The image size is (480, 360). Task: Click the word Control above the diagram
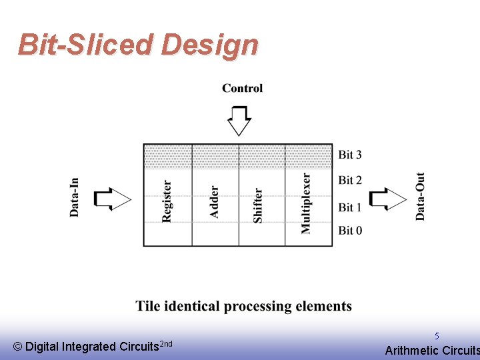(242, 88)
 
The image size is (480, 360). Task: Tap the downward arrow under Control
(239, 120)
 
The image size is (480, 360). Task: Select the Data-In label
(74, 197)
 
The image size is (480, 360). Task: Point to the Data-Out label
(420, 197)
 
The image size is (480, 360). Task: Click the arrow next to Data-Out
(387, 199)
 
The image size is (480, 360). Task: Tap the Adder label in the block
(214, 201)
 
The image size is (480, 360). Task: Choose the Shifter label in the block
(258, 205)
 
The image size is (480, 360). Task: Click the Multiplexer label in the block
(306, 203)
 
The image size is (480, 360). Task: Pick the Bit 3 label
(350, 155)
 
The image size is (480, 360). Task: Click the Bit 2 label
(350, 180)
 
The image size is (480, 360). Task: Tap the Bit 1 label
(350, 207)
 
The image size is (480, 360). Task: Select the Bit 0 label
(350, 231)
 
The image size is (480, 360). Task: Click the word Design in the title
(209, 45)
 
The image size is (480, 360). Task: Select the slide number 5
(437, 337)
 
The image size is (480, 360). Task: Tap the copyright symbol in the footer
(17, 347)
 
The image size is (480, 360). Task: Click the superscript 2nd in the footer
(167, 343)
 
